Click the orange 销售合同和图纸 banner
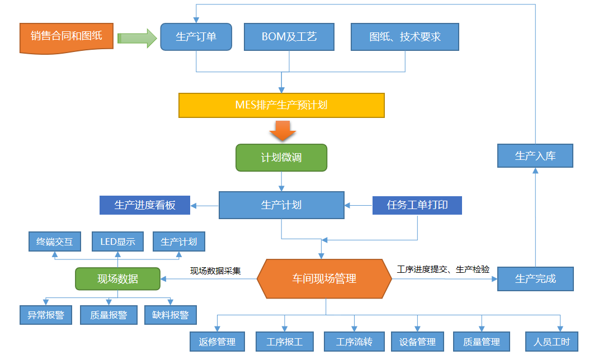(67, 37)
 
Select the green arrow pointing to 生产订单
(137, 38)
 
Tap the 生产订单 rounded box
(196, 37)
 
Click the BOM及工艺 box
(289, 37)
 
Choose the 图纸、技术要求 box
(405, 37)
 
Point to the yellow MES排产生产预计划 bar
(281, 105)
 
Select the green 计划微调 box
(281, 158)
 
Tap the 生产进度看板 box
(145, 205)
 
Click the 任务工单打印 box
(417, 205)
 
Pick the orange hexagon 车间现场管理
(324, 278)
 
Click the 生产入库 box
(535, 156)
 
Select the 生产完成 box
(535, 279)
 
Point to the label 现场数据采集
(215, 271)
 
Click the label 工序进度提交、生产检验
(443, 269)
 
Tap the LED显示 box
(117, 242)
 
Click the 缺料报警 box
(171, 315)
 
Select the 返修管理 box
(217, 342)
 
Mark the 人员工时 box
(552, 342)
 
